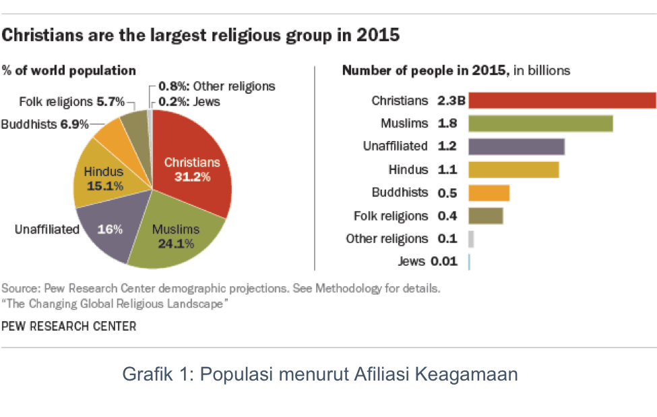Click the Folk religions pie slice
pyautogui.click(x=133, y=125)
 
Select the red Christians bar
pyautogui.click(x=562, y=101)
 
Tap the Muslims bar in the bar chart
pyautogui.click(x=540, y=123)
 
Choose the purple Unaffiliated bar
pyautogui.click(x=516, y=146)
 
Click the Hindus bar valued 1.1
pyautogui.click(x=513, y=169)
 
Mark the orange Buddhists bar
pyautogui.click(x=489, y=193)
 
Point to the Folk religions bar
pyautogui.click(x=486, y=216)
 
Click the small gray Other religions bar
pyautogui.click(x=471, y=239)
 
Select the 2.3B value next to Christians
pyautogui.click(x=449, y=101)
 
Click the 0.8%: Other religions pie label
pyautogui.click(x=216, y=86)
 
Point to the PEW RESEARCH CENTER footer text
pyautogui.click(x=69, y=327)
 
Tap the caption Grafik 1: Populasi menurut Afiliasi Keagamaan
pyautogui.click(x=320, y=373)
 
